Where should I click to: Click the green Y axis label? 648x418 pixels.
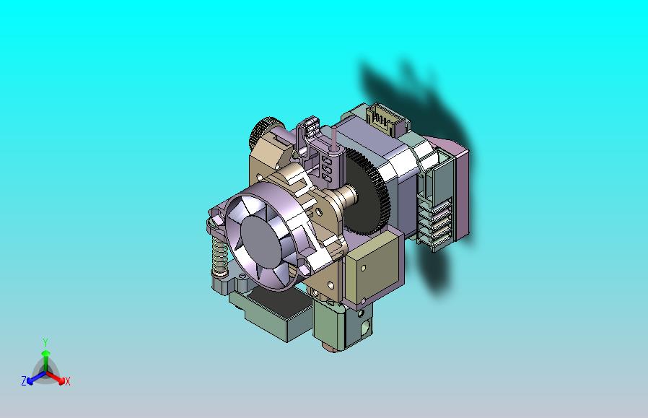click(45, 342)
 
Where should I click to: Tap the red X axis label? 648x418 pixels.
click(67, 381)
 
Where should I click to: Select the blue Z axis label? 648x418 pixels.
click(24, 380)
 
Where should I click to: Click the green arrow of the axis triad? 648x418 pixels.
click(45, 357)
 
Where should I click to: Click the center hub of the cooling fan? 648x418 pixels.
click(260, 241)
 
